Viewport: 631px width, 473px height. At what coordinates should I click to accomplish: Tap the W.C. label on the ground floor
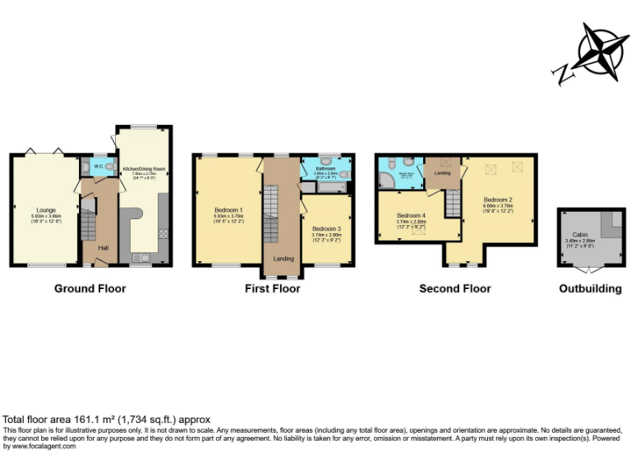tap(98, 167)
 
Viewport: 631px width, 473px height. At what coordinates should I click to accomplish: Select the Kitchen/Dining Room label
tap(144, 169)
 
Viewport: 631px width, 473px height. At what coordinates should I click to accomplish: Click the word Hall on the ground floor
tap(103, 247)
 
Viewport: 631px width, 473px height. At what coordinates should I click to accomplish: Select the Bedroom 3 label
tap(326, 228)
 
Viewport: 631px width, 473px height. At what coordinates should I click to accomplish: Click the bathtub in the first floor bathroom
tap(326, 188)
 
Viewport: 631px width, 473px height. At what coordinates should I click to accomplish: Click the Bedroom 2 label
tap(498, 200)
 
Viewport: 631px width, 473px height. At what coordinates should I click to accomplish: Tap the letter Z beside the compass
tap(565, 76)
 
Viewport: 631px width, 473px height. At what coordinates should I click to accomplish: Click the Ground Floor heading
tap(90, 288)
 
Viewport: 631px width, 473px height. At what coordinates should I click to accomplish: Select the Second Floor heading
tap(454, 288)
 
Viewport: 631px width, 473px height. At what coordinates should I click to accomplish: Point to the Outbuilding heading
tap(590, 288)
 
